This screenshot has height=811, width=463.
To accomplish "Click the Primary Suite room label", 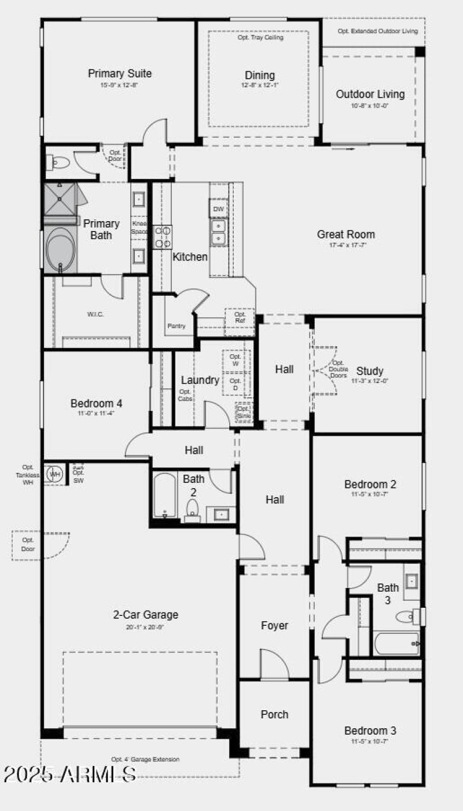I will coord(120,74).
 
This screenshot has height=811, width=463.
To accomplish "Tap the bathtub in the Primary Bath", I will coord(60,249).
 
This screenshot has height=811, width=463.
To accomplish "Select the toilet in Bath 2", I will coord(192,508).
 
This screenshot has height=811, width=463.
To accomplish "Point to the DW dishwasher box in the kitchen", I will coord(218,209).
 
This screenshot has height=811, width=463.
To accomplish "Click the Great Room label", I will coord(346,234).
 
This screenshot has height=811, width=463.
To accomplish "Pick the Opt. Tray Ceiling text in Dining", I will coord(260,38).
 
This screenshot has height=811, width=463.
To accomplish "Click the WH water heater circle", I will coord(55,474).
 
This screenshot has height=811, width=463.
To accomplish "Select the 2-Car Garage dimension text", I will coord(145,627).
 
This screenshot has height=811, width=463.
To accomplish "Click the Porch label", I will coord(274,714).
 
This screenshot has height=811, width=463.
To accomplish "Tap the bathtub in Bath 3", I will coord(396,643).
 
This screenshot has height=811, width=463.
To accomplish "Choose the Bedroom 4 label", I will coord(96,403).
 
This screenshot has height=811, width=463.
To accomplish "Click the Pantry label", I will coord(177,326).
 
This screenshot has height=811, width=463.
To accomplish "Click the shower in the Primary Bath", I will coord(61,199).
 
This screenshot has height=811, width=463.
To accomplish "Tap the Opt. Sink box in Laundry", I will coord(244,412).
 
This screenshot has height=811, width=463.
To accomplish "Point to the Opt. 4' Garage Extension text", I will coord(145,759).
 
